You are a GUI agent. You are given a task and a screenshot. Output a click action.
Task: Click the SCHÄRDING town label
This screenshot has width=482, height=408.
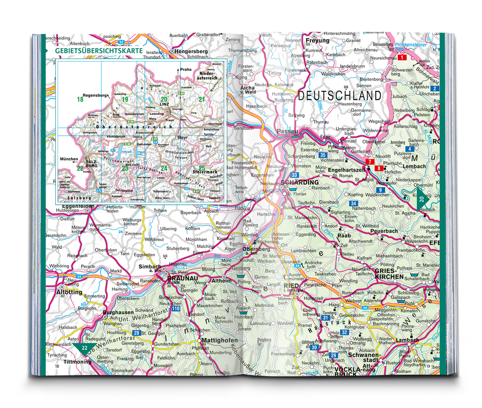click(x=300, y=182)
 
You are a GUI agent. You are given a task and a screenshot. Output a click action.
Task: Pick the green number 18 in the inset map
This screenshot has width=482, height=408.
click(x=80, y=99)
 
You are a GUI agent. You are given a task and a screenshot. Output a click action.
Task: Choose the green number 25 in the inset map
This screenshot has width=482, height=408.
click(x=202, y=168)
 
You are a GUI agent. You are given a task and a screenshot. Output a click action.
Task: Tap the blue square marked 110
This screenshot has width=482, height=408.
click(x=176, y=309)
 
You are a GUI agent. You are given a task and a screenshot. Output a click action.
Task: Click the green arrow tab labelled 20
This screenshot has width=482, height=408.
click(x=422, y=200)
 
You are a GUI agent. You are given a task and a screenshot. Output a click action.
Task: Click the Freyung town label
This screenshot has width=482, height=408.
click(x=318, y=41)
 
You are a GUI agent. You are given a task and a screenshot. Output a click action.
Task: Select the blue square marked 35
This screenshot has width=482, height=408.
click(x=323, y=155)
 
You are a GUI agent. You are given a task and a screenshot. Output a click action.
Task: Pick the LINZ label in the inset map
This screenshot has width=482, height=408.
click(x=164, y=104)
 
